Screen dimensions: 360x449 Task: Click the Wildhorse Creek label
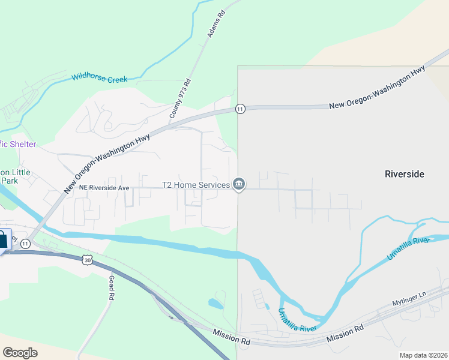pyautogui.click(x=99, y=77)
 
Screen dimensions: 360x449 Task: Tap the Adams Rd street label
pyautogui.click(x=215, y=24)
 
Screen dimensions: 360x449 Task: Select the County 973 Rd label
pyautogui.click(x=179, y=98)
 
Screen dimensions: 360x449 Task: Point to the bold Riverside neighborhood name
pyautogui.click(x=404, y=174)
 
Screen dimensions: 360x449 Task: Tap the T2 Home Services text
pyautogui.click(x=196, y=185)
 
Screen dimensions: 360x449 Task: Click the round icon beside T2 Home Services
pyautogui.click(x=239, y=184)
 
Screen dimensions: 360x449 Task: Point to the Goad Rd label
pyautogui.click(x=111, y=288)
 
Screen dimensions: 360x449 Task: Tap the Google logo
pyautogui.click(x=20, y=352)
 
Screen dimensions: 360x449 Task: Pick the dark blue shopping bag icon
pyautogui.click(x=3, y=239)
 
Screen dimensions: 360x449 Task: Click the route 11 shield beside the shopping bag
pyautogui.click(x=25, y=244)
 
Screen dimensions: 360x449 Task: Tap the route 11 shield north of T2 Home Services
pyautogui.click(x=240, y=109)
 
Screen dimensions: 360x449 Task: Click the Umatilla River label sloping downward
pyautogui.click(x=297, y=320)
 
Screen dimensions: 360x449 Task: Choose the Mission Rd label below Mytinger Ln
pyautogui.click(x=345, y=333)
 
